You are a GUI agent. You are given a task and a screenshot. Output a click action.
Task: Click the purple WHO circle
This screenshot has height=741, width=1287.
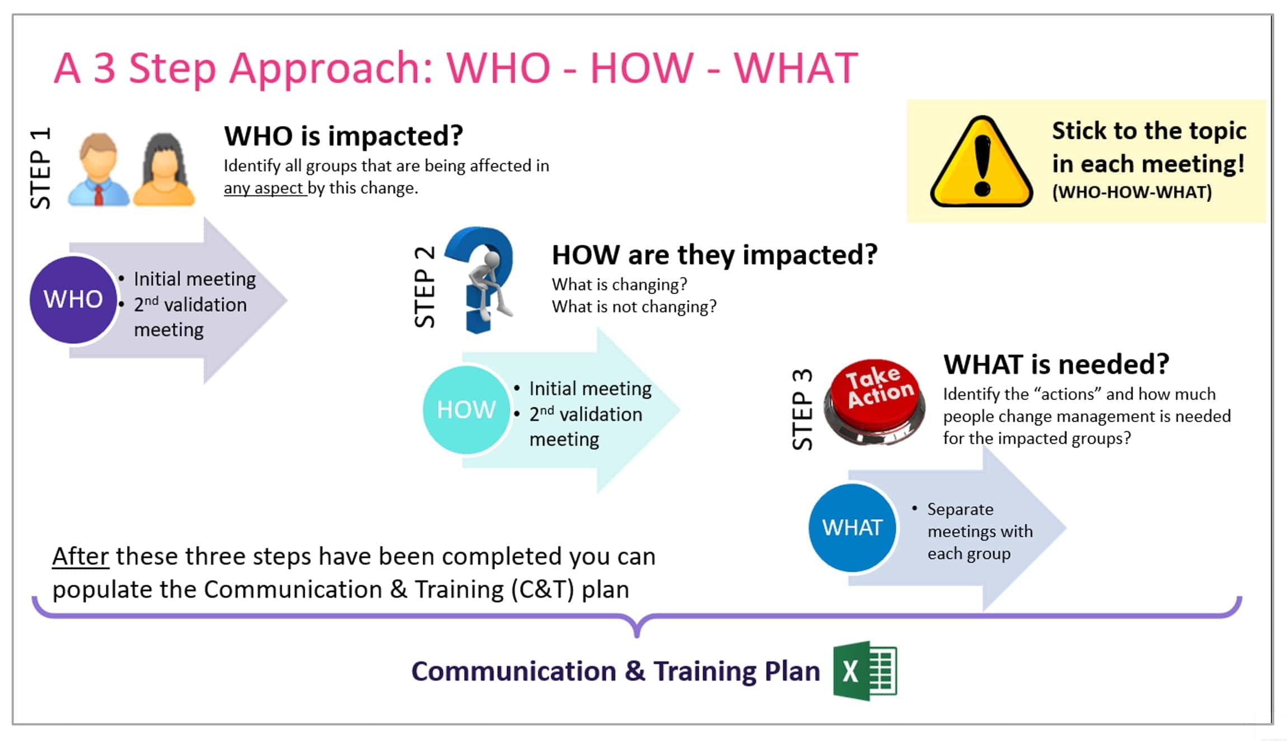(x=73, y=300)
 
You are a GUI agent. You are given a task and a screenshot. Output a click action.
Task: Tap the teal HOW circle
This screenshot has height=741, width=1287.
(x=466, y=409)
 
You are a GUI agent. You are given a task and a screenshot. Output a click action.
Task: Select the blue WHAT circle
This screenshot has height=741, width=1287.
(x=852, y=528)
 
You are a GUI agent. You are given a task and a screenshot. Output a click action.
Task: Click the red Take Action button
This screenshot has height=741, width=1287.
(x=874, y=402)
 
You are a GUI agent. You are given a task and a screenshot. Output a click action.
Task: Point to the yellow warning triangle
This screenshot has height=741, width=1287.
(x=981, y=162)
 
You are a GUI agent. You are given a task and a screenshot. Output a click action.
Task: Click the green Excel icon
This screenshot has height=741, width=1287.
(x=865, y=671)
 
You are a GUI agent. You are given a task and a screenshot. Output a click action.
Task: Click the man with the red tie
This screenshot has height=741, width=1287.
(x=99, y=170)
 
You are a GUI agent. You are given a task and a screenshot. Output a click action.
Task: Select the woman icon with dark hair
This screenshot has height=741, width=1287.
(x=163, y=170)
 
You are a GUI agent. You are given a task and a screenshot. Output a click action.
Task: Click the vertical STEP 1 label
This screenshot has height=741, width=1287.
(x=40, y=168)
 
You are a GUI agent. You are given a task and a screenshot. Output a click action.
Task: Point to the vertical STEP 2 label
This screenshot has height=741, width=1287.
(x=424, y=286)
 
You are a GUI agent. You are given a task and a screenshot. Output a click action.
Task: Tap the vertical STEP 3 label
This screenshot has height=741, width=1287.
(x=802, y=409)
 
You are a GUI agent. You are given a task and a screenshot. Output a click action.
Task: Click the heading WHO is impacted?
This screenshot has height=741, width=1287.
(x=343, y=136)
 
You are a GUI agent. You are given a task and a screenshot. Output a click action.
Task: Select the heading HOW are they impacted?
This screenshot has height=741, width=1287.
(x=714, y=255)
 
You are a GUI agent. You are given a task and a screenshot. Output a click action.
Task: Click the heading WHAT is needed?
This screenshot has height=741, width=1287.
(x=1056, y=364)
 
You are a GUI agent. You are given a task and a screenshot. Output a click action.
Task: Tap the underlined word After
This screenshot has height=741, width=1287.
(x=81, y=556)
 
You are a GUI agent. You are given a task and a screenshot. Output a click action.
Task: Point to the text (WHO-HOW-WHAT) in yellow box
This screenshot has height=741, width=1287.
(x=1132, y=192)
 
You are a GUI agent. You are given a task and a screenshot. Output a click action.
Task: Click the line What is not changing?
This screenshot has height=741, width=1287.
(x=634, y=307)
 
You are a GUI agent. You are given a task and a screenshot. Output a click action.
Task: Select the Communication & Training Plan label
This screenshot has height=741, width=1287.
(x=615, y=671)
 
